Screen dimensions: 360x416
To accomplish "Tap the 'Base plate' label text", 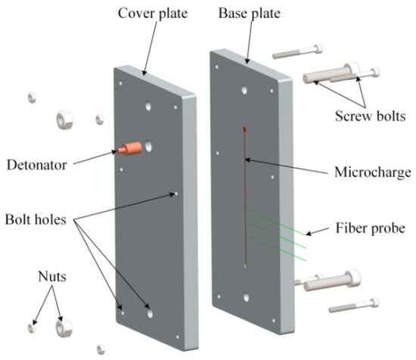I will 249,14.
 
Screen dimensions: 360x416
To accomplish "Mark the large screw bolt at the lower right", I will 333,281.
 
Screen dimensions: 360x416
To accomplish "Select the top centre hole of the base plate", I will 244,90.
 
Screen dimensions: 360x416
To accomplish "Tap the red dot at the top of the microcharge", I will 244,129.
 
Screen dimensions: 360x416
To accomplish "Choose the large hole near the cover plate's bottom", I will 150,311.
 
